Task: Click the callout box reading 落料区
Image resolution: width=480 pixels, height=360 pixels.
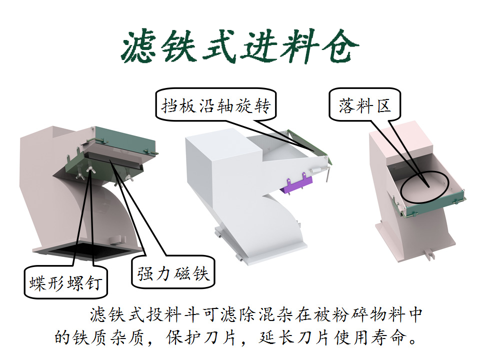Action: pyautogui.click(x=364, y=106)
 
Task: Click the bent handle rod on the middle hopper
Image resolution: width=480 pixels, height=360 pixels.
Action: pyautogui.click(x=327, y=170)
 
